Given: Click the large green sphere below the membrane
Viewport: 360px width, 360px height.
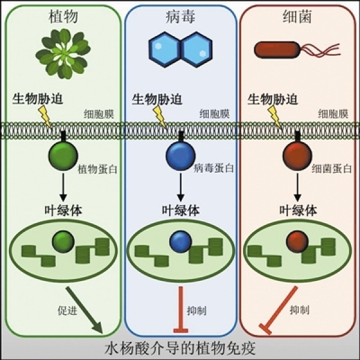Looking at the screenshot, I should point(62,156).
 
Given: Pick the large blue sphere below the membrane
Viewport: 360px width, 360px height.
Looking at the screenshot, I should point(179,156).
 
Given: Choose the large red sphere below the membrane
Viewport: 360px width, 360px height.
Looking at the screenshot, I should point(296,156).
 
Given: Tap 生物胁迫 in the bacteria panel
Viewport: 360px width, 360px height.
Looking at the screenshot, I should point(272,98).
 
